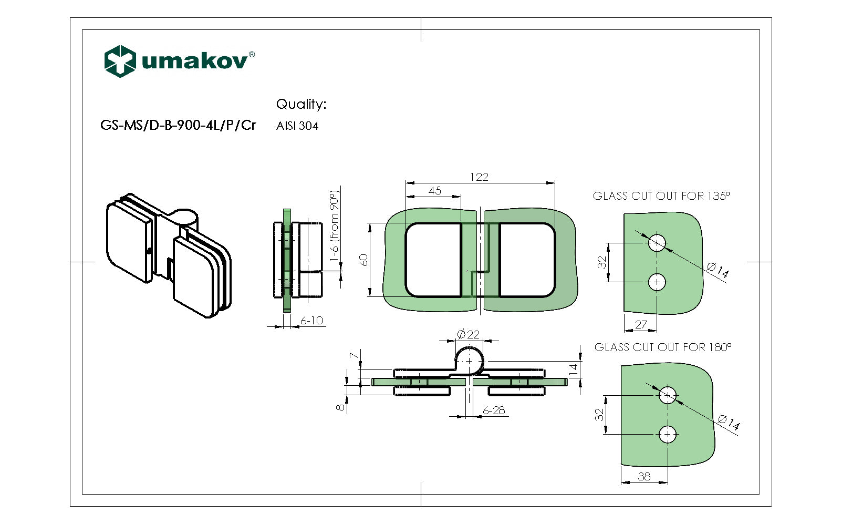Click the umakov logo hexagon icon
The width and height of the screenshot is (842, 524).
[x=120, y=61]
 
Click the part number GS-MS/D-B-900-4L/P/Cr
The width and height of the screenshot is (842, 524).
[x=178, y=126]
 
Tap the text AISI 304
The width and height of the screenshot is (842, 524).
[x=297, y=126]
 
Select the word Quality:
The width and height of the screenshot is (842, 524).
[x=301, y=104]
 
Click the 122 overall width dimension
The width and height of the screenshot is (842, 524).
[x=479, y=177]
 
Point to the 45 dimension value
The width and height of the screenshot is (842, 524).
[x=434, y=190]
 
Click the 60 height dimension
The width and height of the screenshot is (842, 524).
[x=363, y=260]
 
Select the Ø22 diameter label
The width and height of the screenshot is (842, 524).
[x=467, y=334]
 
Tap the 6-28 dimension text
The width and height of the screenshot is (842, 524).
[x=493, y=410]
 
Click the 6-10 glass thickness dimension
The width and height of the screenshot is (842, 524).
[x=311, y=320]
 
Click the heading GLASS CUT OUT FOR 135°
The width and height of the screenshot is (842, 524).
[x=661, y=196]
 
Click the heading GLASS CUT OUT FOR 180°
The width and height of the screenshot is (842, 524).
[x=662, y=347]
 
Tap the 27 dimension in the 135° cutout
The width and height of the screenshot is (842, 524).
[x=640, y=324]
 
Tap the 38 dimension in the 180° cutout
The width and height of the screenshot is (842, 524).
[x=644, y=476]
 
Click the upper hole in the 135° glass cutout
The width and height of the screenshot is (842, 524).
[x=657, y=243]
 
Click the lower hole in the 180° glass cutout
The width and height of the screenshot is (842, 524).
[x=668, y=435]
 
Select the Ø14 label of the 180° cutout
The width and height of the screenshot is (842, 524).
[x=729, y=422]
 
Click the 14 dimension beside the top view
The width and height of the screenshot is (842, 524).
[x=573, y=368]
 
